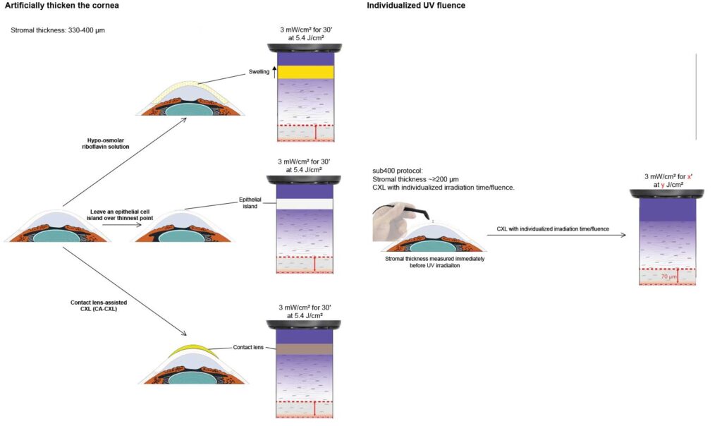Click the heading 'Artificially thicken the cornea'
click(x=62, y=6)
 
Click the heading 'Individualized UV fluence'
click(x=416, y=6)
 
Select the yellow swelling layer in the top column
click(x=305, y=72)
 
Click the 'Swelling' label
click(x=259, y=71)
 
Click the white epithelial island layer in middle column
click(x=305, y=203)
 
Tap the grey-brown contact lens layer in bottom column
click(x=305, y=348)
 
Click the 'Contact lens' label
click(x=247, y=348)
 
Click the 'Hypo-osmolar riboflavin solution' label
click(x=103, y=143)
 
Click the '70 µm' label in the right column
click(x=668, y=277)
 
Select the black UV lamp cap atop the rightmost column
click(x=668, y=193)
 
